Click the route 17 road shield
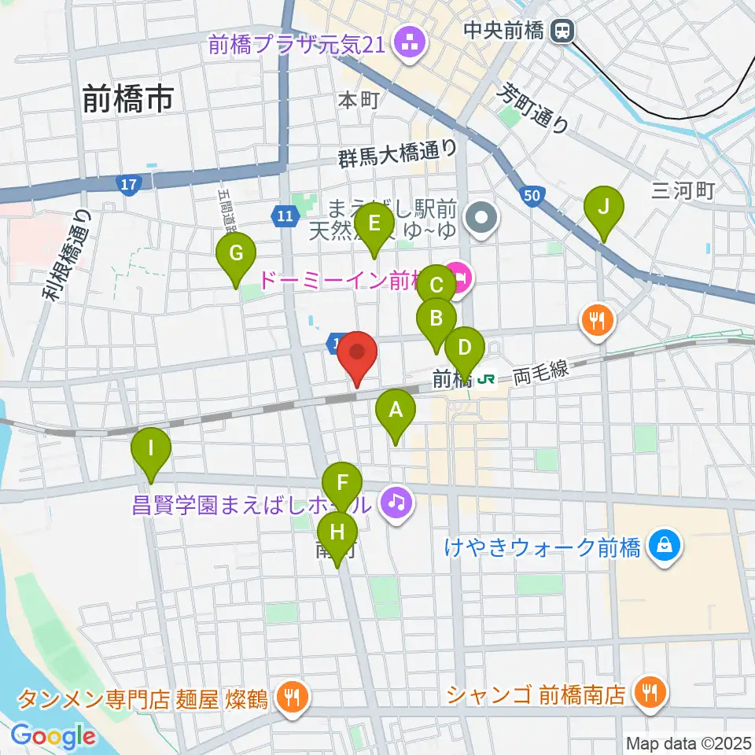128,185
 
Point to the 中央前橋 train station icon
562,31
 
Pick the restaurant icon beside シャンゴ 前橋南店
650,694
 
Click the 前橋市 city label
127,99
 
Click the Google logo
53,736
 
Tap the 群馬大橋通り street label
397,152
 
